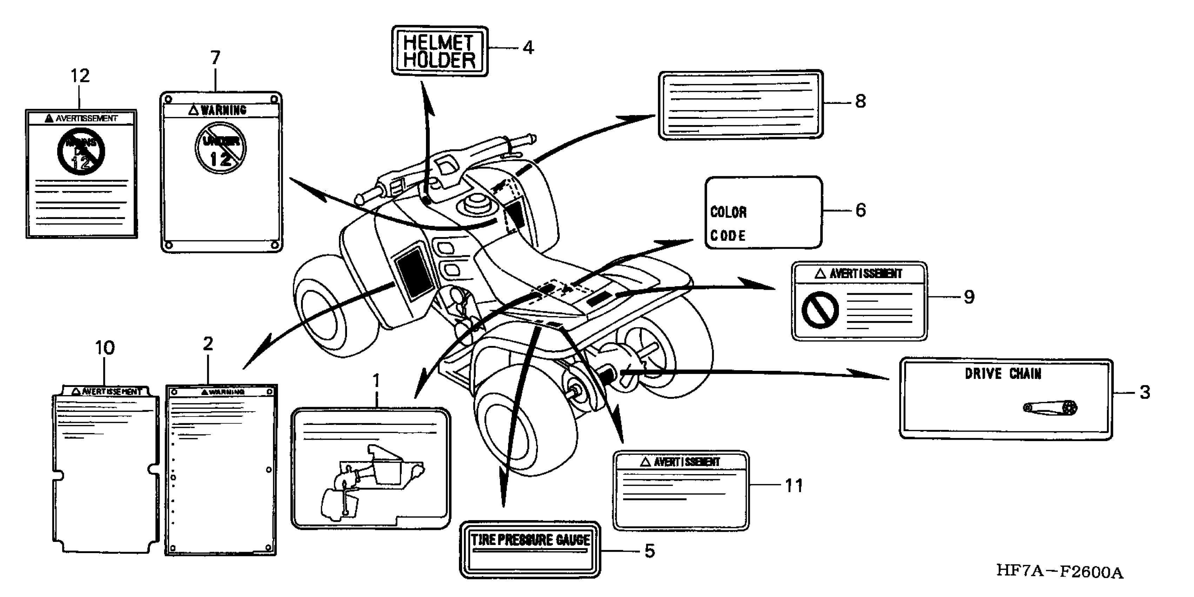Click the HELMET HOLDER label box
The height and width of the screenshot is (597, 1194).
pos(439,51)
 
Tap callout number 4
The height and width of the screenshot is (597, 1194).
pos(528,48)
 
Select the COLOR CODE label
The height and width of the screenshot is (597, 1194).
pos(763,212)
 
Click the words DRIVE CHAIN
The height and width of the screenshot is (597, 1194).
pos(1002,374)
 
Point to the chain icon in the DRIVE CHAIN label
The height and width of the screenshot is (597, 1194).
pos(1050,408)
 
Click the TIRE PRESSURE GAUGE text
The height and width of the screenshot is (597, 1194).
pos(530,540)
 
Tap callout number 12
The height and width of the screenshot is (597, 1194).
pos(80,76)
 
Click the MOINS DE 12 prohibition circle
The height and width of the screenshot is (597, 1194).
pos(81,152)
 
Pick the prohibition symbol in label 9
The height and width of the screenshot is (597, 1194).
pos(820,310)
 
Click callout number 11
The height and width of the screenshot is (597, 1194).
pos(794,486)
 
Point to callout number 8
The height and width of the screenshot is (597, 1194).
pos(860,101)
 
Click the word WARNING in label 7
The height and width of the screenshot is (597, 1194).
pos(224,110)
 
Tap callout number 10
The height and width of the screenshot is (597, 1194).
pos(105,348)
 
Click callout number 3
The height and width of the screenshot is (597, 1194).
pos(1145,392)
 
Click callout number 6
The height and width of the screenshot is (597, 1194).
pos(860,210)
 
